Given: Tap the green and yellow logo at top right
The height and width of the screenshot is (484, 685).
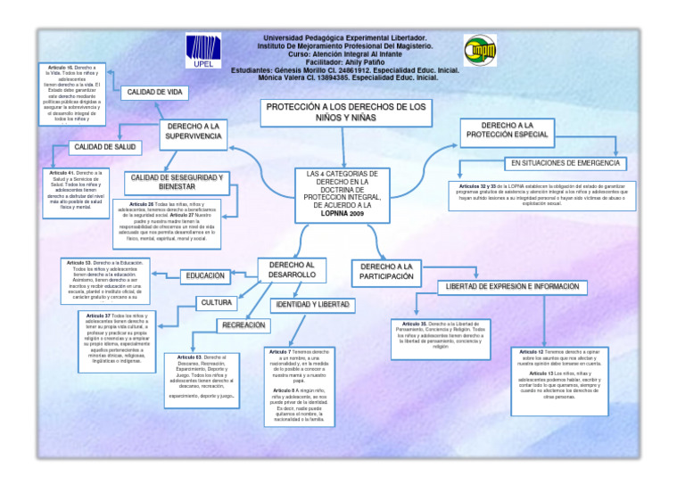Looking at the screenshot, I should click(x=480, y=50).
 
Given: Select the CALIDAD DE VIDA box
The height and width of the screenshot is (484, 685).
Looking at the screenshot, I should click(x=155, y=92).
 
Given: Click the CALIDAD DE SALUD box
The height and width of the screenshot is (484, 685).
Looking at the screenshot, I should click(x=104, y=146).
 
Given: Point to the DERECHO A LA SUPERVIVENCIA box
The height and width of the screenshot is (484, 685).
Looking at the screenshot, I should click(x=193, y=131).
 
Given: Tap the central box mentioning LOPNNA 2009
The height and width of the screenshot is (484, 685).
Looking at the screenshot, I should click(x=342, y=194).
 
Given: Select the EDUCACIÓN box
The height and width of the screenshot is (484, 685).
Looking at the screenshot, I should click(x=205, y=276).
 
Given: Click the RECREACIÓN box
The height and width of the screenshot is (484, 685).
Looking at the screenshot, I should click(x=243, y=326).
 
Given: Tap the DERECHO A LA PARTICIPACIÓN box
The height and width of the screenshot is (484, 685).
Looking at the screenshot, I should click(x=387, y=272).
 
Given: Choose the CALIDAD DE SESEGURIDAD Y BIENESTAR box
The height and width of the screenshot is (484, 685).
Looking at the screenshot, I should click(x=176, y=182).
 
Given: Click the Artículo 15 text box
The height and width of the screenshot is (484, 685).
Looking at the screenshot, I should click(x=74, y=94).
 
